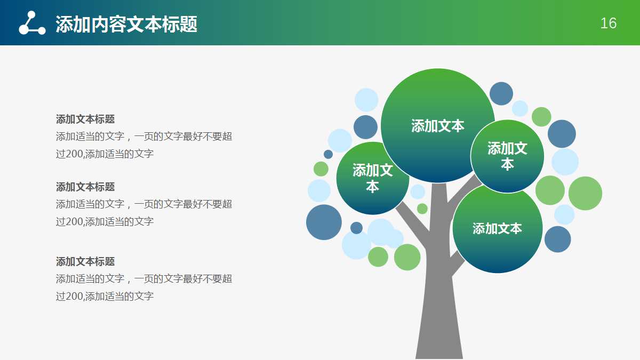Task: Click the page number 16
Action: [x=608, y=23]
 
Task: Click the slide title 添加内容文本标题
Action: [x=126, y=24]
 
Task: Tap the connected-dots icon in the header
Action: [x=32, y=23]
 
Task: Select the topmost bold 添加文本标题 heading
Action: [x=85, y=119]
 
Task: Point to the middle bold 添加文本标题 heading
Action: [x=85, y=187]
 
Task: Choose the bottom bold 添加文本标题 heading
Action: [x=85, y=261]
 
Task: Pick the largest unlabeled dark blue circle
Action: [x=324, y=222]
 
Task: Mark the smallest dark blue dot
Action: [x=328, y=154]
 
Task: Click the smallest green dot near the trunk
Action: [x=422, y=209]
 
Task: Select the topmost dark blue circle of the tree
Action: [x=501, y=93]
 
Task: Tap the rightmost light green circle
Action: [x=585, y=193]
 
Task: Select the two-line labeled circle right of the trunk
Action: [x=507, y=156]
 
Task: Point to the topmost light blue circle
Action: [x=366, y=100]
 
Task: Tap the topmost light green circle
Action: [x=541, y=117]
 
